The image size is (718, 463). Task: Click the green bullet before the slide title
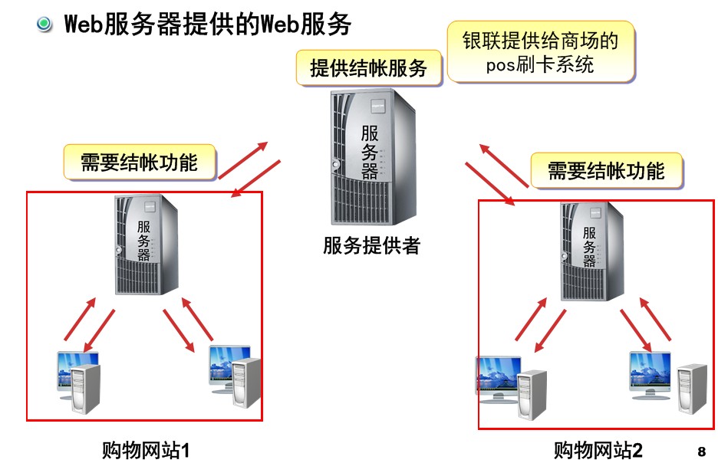click(44, 24)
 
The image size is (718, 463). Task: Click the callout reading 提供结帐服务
click(368, 68)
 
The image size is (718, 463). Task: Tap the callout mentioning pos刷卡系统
click(540, 51)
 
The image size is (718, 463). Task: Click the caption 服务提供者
click(371, 246)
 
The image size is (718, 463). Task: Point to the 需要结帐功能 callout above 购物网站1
click(139, 163)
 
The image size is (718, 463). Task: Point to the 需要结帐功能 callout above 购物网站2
click(606, 170)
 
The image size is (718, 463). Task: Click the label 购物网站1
click(146, 449)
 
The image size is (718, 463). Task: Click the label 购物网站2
click(598, 449)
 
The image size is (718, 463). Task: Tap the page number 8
click(702, 450)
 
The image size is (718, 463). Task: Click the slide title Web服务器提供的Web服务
click(207, 25)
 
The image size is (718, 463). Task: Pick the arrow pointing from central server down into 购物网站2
click(490, 182)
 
